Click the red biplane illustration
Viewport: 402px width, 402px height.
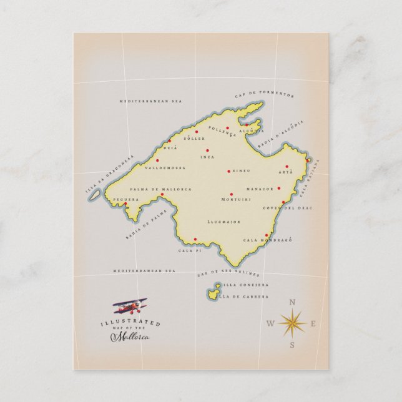(130, 306)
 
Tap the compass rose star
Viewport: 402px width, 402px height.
(292, 323)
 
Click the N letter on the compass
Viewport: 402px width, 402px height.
(292, 303)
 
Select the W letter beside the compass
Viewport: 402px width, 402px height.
(270, 323)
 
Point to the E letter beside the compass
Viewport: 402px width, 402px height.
(313, 323)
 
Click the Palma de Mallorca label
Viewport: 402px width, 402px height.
(161, 189)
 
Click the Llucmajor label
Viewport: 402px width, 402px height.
(223, 222)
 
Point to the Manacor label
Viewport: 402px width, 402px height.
(260, 189)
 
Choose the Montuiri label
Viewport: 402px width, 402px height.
(236, 199)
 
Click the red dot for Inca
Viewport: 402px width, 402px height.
(207, 150)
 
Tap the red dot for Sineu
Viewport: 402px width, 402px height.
(228, 170)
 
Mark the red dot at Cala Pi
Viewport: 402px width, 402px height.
(195, 240)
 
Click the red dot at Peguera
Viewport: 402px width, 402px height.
(125, 203)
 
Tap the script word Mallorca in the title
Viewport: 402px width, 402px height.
(130, 337)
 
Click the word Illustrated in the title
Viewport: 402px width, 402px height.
(130, 322)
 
